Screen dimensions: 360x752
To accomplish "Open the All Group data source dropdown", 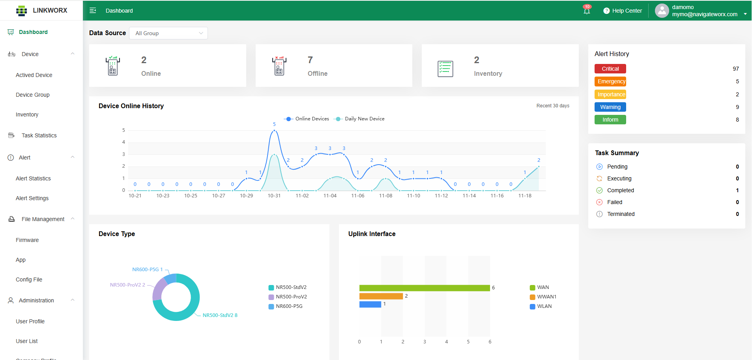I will pos(168,33).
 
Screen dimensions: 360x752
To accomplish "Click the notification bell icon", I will pos(587,11).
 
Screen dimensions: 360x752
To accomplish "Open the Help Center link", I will pos(623,11).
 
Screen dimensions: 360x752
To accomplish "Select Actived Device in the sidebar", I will pos(34,75).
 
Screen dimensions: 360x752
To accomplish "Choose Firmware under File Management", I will pos(27,240).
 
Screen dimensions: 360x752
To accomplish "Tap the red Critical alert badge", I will pos(610,69).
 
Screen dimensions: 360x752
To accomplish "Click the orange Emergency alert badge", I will pos(610,81).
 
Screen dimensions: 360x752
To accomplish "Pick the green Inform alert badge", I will pos(610,120).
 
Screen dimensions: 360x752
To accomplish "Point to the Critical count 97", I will pos(735,69).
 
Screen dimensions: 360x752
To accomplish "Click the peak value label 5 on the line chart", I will pos(274,124).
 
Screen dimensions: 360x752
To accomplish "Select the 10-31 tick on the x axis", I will pos(274,196).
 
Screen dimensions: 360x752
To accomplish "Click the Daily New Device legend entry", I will pos(360,119).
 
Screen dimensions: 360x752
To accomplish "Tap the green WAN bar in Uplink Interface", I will pos(425,288).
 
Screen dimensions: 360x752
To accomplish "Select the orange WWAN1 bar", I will pos(381,296).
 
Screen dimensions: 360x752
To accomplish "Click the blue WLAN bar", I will pos(370,304).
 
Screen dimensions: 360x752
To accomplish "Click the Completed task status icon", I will pos(599,190).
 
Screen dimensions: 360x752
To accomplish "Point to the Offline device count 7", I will pos(310,60).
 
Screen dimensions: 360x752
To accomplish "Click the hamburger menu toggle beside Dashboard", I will pos(93,11).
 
